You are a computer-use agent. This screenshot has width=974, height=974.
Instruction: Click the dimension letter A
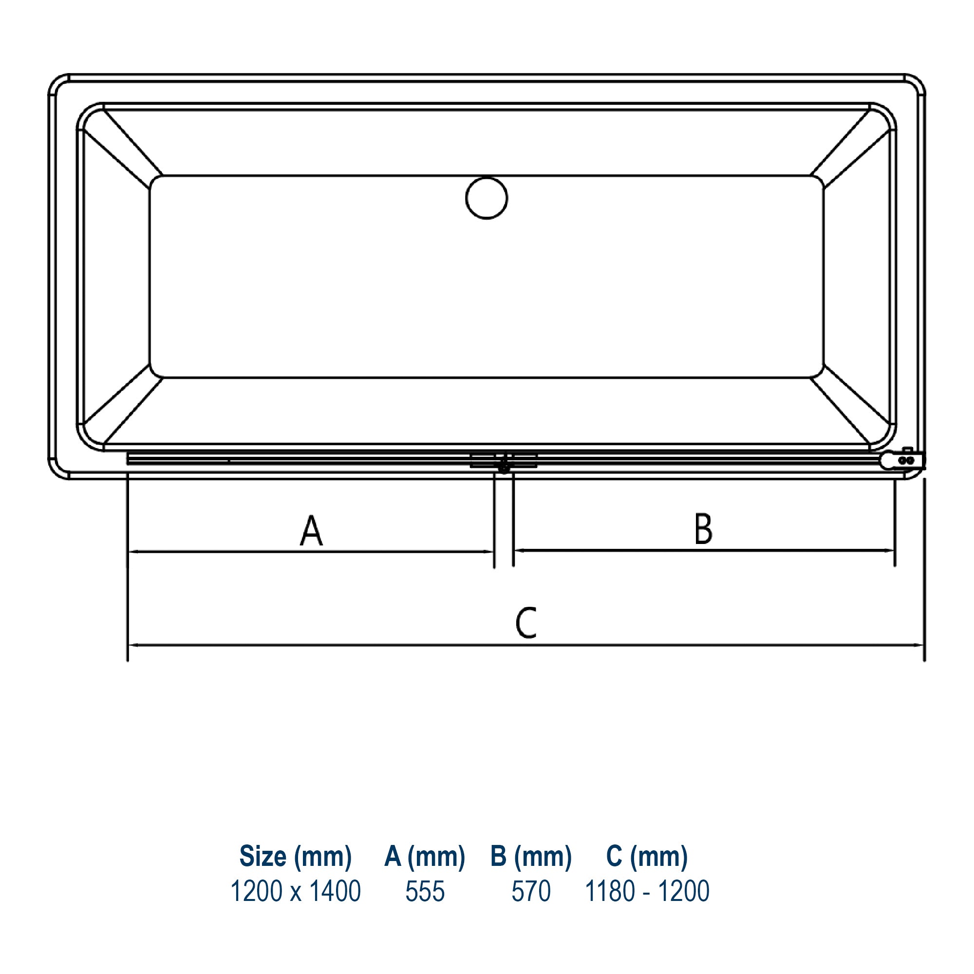[311, 530]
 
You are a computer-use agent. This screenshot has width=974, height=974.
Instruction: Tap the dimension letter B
[703, 529]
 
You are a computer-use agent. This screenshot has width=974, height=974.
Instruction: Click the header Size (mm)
[296, 857]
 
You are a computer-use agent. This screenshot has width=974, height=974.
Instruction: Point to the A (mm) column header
[425, 857]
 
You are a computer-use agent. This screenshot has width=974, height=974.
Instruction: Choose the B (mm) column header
[531, 857]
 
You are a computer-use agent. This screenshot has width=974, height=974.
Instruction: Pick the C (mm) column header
[647, 857]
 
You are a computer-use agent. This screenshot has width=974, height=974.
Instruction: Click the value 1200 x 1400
[296, 891]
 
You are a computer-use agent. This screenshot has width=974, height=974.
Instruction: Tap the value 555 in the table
[425, 891]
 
